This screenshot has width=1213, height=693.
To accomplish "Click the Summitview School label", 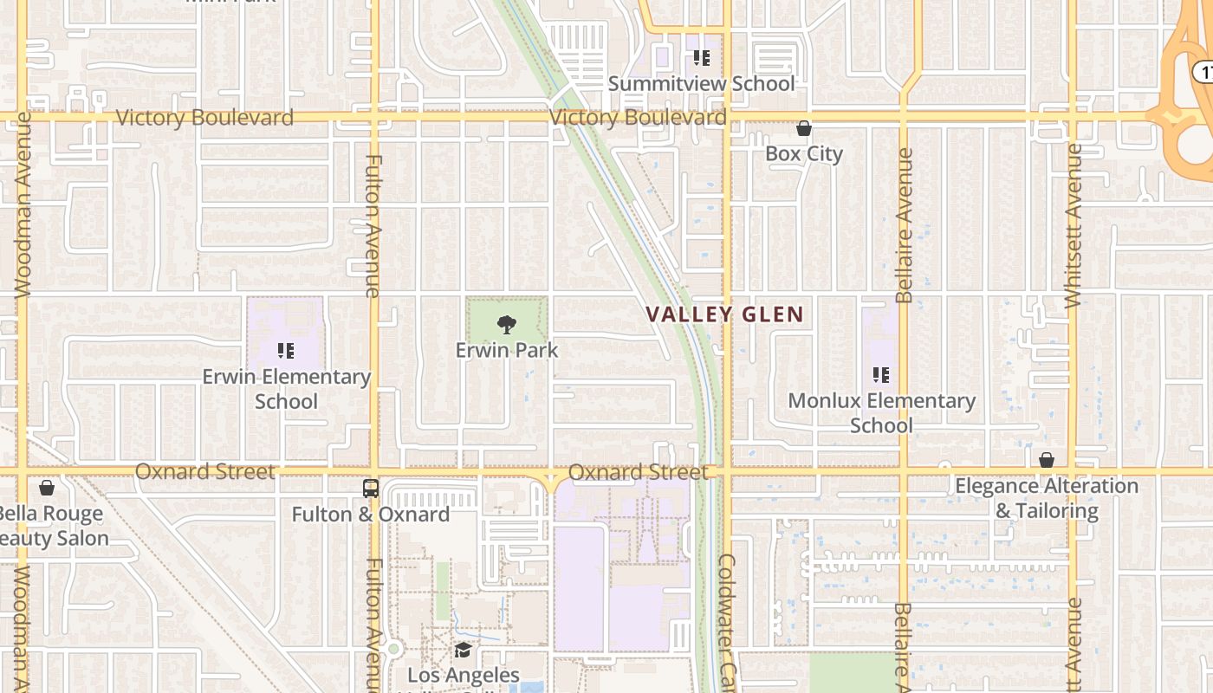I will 701,84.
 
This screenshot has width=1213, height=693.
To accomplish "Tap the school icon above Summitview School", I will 701,58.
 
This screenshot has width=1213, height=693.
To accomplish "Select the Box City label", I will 803,154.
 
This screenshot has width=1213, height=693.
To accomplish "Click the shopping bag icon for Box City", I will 804,129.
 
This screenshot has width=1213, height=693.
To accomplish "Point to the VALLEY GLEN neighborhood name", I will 725,314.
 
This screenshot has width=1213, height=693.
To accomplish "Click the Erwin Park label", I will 507,351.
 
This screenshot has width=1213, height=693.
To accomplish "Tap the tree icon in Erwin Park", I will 507,326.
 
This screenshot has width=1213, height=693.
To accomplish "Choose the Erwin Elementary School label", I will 286,389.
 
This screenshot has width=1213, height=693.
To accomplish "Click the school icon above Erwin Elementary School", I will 286,351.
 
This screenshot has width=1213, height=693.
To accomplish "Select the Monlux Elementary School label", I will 881,413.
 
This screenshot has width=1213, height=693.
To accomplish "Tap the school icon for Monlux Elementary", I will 881,375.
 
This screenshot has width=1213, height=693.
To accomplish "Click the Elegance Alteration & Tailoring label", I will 1047,498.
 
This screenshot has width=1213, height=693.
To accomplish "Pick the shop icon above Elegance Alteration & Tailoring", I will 1047,460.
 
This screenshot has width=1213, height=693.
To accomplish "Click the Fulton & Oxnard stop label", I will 370,515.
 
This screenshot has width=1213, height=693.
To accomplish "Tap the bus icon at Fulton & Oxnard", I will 371,489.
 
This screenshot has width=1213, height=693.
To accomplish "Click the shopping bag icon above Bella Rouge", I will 47,488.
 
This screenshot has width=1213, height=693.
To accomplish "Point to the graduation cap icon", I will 463,650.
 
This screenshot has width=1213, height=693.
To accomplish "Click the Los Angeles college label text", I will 463,676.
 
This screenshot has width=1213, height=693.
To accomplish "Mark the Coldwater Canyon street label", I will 727,619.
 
